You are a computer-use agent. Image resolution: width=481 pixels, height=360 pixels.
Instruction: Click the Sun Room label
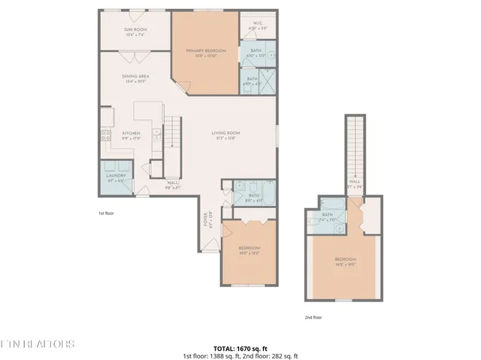[135, 32]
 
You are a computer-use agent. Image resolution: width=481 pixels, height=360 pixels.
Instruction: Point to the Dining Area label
[135, 77]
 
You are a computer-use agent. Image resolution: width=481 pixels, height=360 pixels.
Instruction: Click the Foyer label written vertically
[205, 220]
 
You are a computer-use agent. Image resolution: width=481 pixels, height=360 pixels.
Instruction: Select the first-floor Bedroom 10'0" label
[249, 250]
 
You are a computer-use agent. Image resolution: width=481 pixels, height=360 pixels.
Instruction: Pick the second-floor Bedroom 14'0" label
[344, 262]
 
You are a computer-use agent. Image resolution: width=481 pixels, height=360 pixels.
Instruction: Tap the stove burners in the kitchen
[104, 135]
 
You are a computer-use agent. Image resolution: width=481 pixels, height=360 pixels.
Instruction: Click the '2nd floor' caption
[314, 317]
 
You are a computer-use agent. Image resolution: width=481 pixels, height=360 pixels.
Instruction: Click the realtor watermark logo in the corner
[38, 344]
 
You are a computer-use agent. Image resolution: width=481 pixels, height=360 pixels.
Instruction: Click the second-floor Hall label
[353, 184]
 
